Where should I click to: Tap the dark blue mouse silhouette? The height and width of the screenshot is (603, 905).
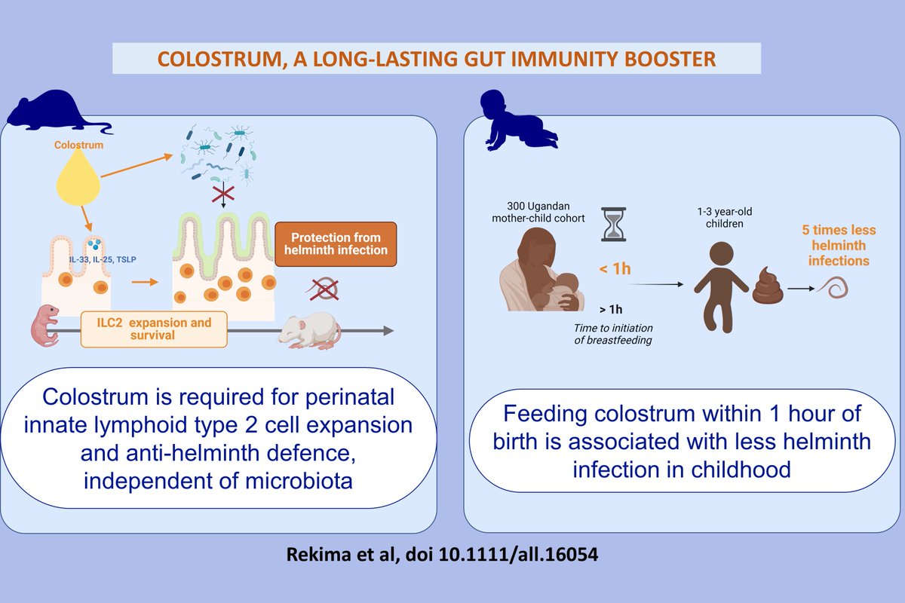(53, 110)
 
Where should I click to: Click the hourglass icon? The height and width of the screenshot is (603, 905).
(615, 224)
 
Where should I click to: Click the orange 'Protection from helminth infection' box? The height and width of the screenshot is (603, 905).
(335, 243)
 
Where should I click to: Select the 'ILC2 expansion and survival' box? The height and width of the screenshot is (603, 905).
(153, 329)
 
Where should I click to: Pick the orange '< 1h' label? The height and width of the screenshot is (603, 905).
(615, 268)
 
